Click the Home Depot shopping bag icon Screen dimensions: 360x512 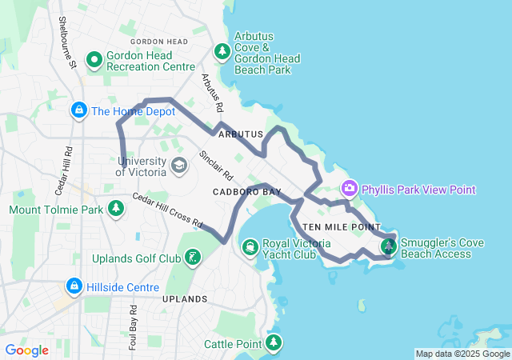(x=78, y=110)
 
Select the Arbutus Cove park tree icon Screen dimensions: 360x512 (x=222, y=52)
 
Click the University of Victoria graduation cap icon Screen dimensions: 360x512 (x=179, y=166)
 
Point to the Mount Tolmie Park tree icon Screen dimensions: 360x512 (x=117, y=210)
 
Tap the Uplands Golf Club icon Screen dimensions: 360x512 (x=192, y=258)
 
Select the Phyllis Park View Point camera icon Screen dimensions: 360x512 (x=349, y=189)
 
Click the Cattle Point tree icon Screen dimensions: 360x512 (x=274, y=343)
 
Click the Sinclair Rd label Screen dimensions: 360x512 (x=216, y=165)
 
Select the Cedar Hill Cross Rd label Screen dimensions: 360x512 (x=169, y=210)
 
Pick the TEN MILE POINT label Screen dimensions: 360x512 (x=341, y=227)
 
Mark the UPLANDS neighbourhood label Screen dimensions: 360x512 (x=185, y=298)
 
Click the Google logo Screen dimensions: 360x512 (x=26, y=350)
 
